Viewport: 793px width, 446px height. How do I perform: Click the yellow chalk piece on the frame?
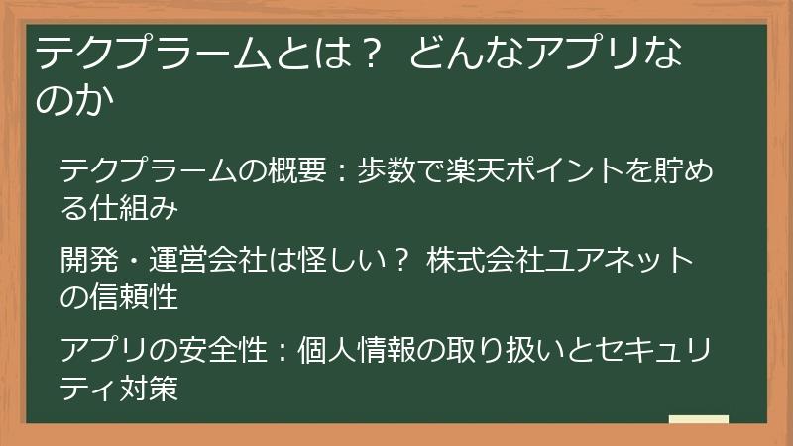point(698,420)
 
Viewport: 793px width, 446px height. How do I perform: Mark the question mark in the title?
point(368,55)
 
